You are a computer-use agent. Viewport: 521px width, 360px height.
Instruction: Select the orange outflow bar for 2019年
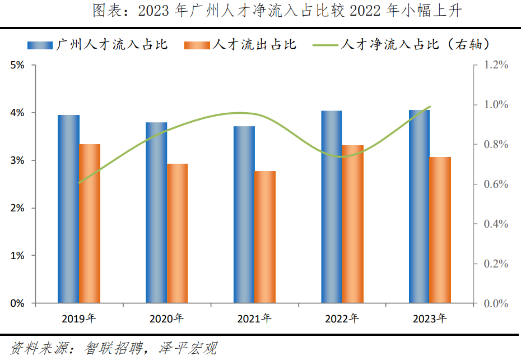[90, 224]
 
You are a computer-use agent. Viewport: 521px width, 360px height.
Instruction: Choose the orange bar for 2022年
[352, 224]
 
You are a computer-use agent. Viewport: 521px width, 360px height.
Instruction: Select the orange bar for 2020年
[178, 233]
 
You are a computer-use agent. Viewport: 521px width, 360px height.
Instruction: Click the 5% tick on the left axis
[17, 65]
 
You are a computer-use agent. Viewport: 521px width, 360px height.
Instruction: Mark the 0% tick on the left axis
[17, 303]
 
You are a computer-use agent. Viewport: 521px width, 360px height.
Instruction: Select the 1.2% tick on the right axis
[496, 65]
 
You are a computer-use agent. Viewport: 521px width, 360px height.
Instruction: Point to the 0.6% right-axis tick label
[496, 184]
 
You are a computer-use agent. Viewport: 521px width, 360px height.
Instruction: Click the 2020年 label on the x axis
[166, 319]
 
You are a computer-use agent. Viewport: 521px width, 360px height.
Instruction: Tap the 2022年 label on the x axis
[342, 319]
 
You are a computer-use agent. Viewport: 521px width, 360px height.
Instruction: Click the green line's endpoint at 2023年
[430, 107]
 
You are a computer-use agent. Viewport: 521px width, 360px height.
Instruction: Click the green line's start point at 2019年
[79, 183]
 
